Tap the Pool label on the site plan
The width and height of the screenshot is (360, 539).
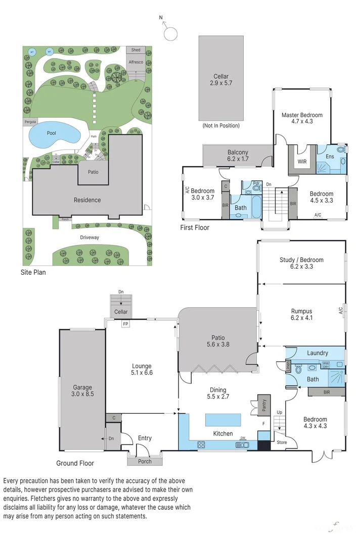click(x=51, y=133)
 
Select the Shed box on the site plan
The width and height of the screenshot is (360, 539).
click(x=136, y=50)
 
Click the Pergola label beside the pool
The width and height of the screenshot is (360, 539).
click(x=30, y=122)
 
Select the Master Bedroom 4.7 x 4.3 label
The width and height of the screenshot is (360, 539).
click(x=302, y=118)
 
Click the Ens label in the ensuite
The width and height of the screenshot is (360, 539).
click(x=330, y=157)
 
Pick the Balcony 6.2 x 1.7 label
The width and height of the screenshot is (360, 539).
click(x=238, y=156)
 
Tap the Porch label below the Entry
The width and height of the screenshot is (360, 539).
click(x=145, y=461)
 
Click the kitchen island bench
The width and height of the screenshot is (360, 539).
click(x=223, y=420)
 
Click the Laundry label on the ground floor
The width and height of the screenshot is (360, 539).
click(x=317, y=353)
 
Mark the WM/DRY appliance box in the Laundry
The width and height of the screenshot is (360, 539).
click(x=328, y=365)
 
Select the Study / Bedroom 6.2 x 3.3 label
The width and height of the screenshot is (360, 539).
click(x=301, y=263)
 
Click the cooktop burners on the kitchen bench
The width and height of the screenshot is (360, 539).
click(x=201, y=445)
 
